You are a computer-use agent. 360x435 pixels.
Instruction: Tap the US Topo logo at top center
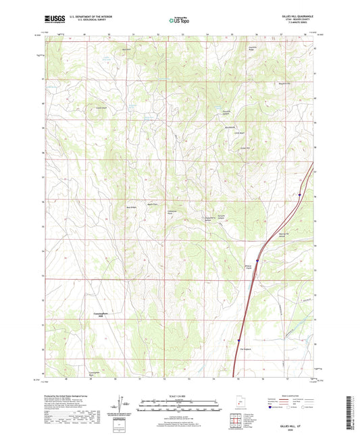(x=179, y=20)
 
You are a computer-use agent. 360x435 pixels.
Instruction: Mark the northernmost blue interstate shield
(x=299, y=196)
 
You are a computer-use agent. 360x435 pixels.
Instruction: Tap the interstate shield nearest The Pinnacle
(x=238, y=340)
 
